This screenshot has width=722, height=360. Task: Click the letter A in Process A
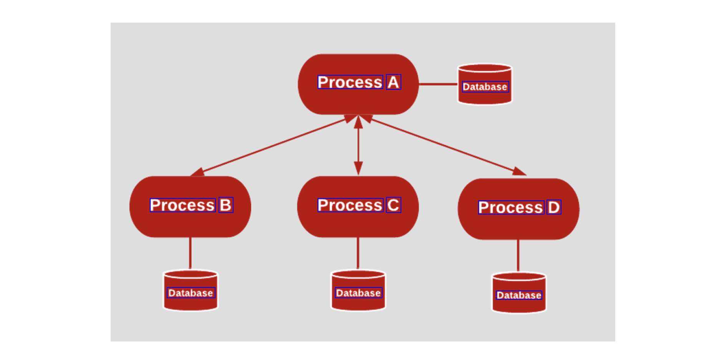[393, 82]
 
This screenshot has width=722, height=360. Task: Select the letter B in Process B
[226, 205]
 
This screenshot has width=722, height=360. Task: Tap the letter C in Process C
[393, 205]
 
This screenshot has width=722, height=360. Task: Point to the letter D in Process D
[554, 207]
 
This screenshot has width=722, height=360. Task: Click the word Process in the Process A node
[350, 82]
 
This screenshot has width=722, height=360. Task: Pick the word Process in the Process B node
[182, 205]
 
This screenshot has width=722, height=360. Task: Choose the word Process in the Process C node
[350, 205]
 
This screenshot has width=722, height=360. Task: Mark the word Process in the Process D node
[511, 207]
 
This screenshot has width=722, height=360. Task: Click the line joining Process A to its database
[438, 84]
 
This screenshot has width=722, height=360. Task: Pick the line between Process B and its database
[190, 253]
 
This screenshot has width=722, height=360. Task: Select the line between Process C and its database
[358, 253]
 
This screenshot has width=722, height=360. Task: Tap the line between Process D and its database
[518, 256]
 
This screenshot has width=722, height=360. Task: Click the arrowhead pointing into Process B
[198, 172]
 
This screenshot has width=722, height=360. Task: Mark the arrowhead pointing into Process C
[358, 168]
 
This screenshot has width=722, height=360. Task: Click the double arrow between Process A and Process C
[358, 145]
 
